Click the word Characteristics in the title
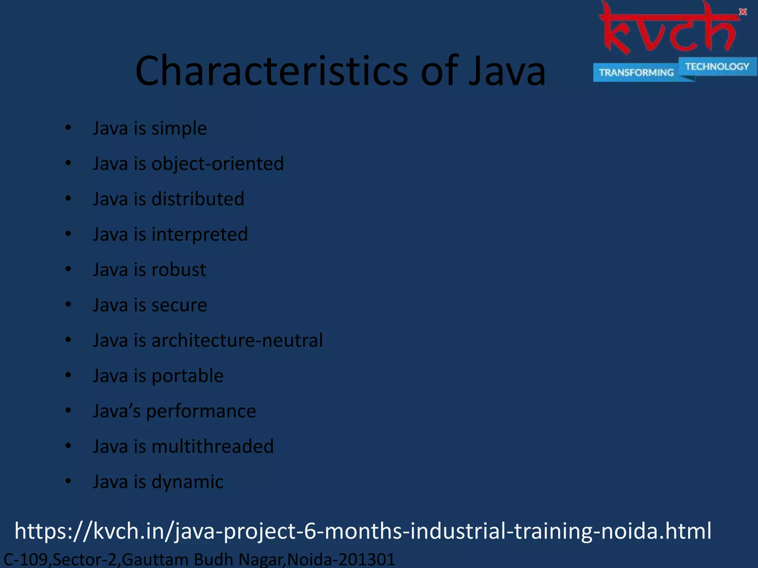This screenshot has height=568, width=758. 272,71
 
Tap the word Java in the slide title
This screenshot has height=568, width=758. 507,71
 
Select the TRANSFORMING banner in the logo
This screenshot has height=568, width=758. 636,72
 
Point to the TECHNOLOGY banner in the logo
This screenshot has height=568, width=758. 717,67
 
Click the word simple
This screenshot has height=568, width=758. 179,129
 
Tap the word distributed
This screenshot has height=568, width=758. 198,199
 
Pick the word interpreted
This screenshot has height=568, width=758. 199,234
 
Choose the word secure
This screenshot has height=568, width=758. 179,305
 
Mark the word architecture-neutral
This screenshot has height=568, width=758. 237,340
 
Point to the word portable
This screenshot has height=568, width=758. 188,376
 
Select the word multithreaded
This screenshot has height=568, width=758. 212,446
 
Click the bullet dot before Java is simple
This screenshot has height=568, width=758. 68,128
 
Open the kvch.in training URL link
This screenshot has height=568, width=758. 363,531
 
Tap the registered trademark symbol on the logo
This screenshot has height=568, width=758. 743,12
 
